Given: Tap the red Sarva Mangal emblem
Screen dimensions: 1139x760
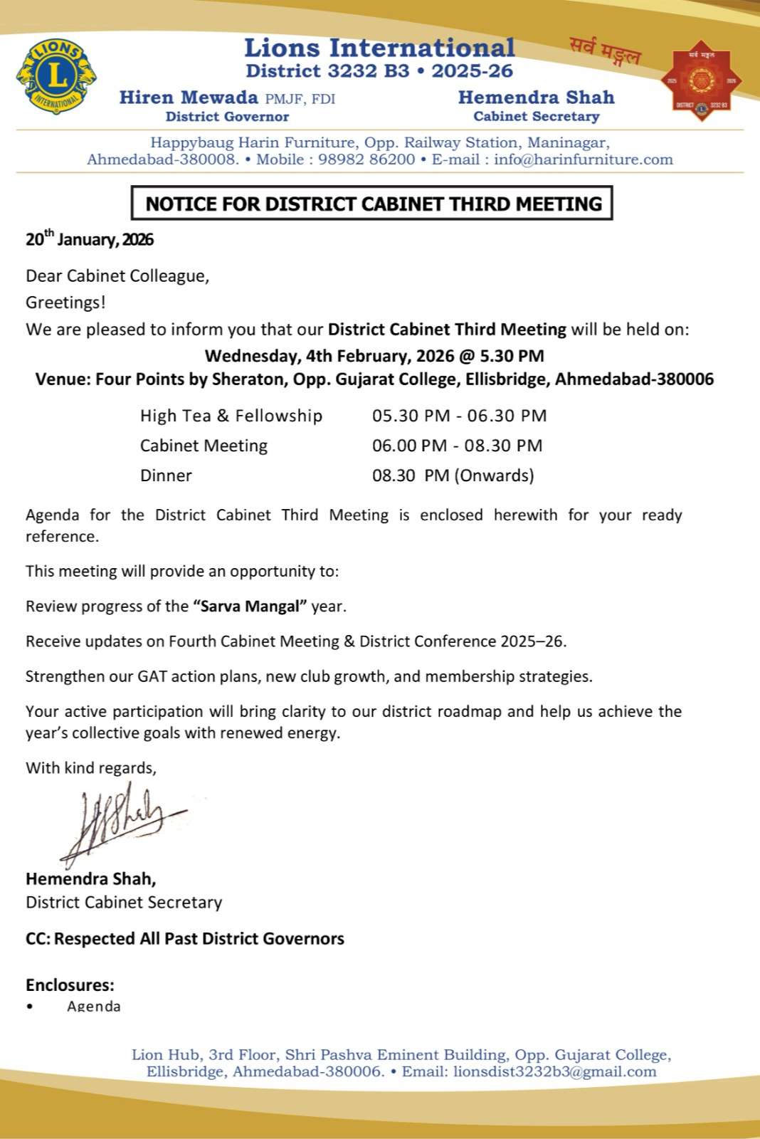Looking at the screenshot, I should [701, 80].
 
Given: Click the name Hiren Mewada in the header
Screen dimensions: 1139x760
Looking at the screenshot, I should [189, 98].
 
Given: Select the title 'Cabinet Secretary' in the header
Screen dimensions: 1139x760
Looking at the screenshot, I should [537, 117].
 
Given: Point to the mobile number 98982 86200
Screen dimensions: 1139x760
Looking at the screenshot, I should [366, 159].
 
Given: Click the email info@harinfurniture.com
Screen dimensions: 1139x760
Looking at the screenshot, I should [584, 159].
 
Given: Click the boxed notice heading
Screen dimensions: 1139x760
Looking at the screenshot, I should [373, 204].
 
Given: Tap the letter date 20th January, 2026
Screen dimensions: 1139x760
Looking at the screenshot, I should [90, 238].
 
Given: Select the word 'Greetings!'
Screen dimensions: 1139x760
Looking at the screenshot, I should [65, 303].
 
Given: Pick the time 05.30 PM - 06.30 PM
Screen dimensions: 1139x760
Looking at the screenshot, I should [459, 416].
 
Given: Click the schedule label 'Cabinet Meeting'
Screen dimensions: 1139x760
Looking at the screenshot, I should [204, 446].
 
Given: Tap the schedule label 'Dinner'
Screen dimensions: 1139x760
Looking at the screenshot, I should [166, 476].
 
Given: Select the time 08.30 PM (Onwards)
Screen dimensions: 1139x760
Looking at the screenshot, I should [453, 476].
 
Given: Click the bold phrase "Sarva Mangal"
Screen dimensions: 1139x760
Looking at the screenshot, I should [250, 607].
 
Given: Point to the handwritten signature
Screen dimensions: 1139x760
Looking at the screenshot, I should [121, 822].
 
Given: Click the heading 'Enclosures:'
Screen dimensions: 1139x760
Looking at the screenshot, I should [70, 985].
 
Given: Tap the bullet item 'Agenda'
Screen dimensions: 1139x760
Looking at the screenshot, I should [94, 1007].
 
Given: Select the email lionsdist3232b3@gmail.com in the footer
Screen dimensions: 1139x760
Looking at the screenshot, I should [554, 1071].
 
